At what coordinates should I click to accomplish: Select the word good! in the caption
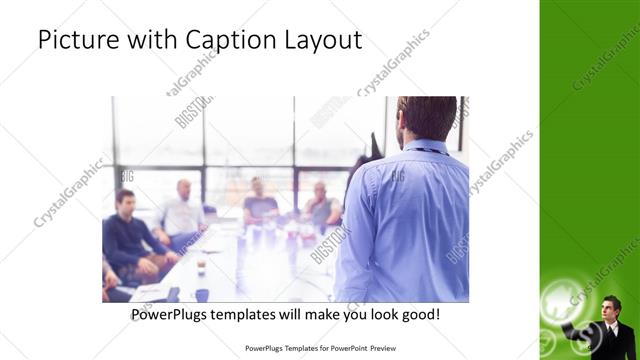419,314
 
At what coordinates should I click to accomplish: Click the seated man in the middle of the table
260,204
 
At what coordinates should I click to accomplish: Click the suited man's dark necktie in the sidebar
612,329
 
